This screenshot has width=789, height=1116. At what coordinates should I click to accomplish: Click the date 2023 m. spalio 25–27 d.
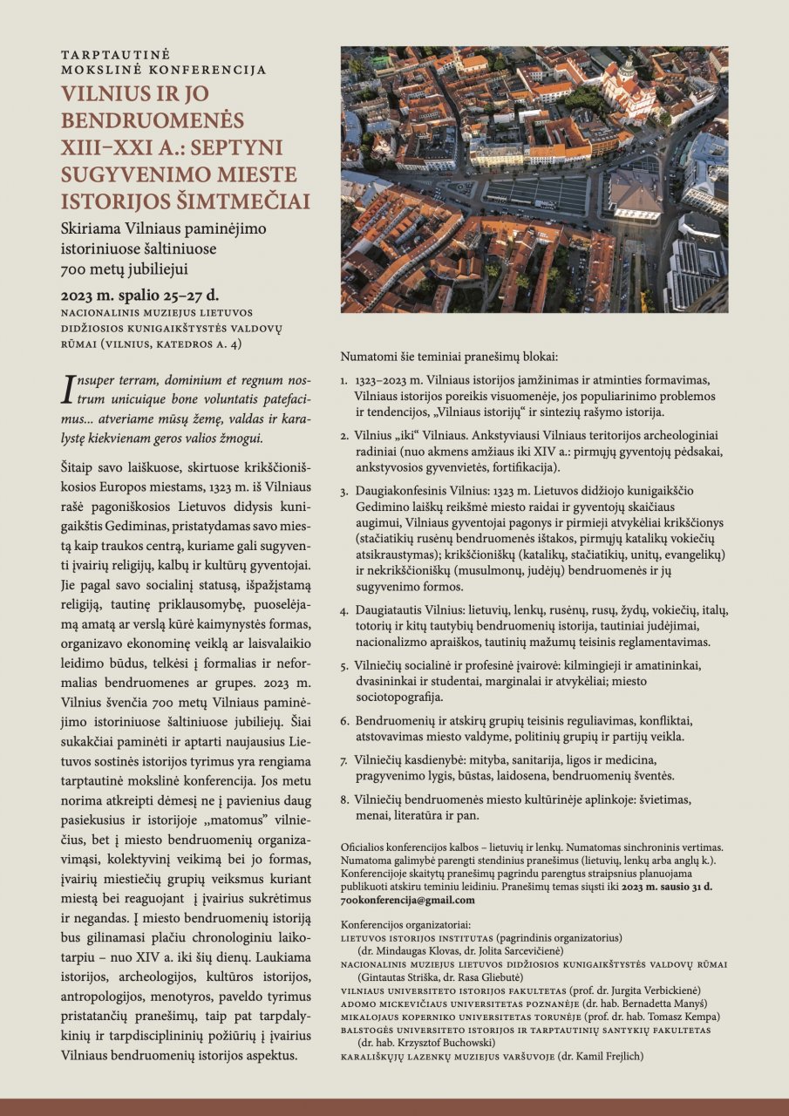point(139,292)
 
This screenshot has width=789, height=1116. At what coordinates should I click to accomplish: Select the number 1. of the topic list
point(344,382)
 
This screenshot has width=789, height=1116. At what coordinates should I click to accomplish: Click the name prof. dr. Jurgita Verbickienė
point(649,991)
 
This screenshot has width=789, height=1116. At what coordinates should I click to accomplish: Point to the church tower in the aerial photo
point(627,70)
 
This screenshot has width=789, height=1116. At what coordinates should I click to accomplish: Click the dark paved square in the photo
point(536,194)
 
